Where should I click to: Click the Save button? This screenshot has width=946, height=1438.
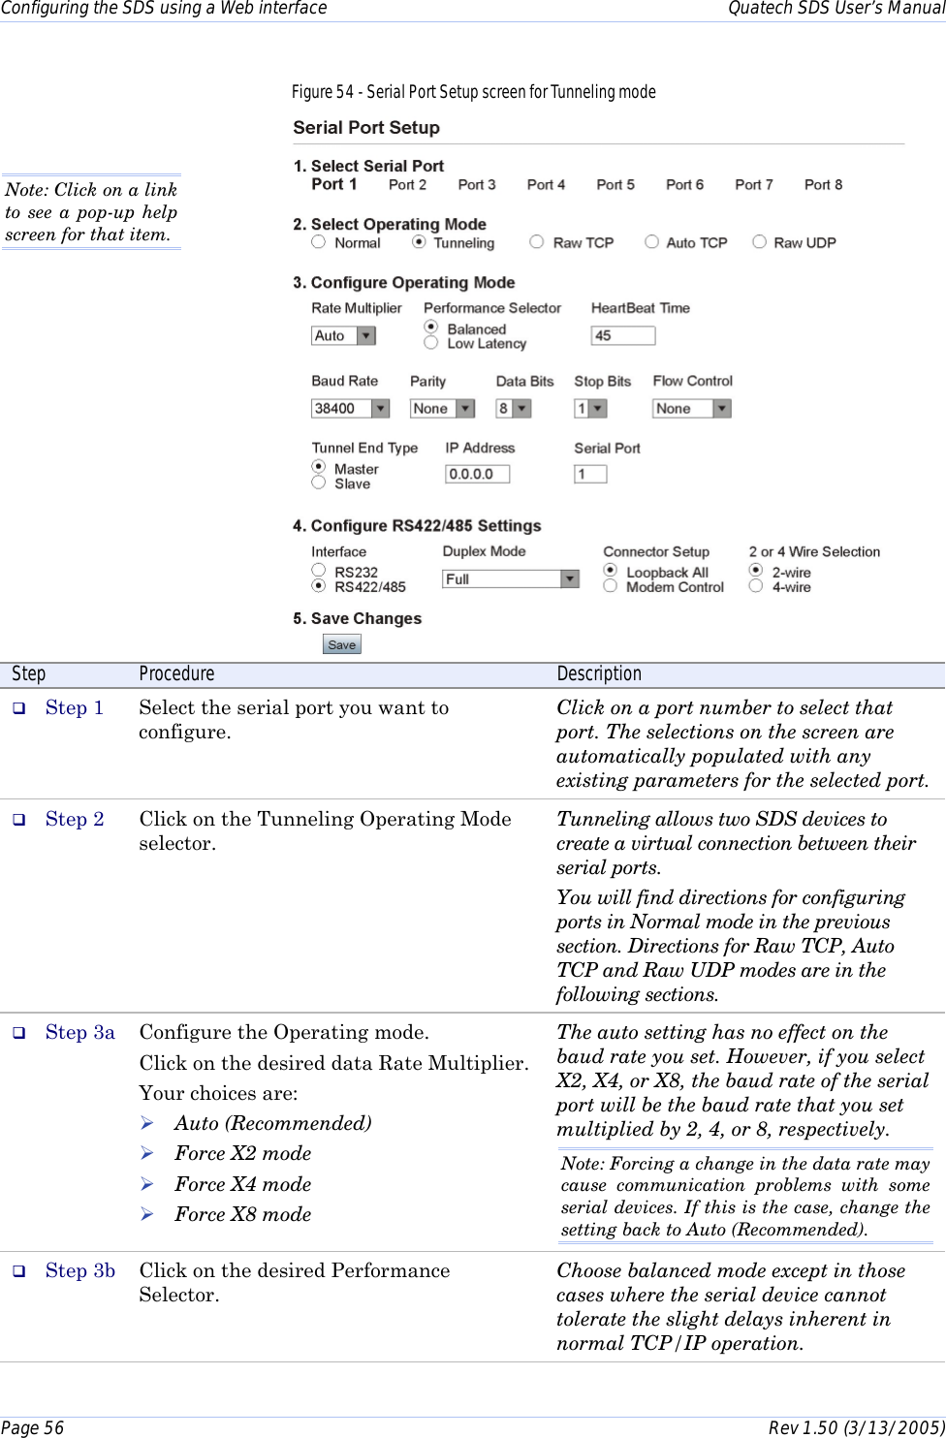coord(341,644)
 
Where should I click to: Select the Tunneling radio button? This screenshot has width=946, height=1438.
coord(419,242)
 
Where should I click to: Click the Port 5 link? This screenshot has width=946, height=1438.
coord(615,184)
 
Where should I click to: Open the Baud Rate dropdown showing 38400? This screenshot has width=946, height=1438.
coord(350,409)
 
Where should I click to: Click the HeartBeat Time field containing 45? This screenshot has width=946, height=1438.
coord(622,335)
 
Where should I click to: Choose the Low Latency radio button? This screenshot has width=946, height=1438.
coord(431,342)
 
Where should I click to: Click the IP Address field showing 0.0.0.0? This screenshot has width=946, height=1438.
coord(477,474)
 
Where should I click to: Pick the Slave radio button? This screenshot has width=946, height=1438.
coord(318,483)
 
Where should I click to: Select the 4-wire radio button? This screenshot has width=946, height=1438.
coord(756,585)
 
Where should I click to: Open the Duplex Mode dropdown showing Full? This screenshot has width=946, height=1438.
coord(511,578)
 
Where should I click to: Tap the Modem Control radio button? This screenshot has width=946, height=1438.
coord(611,585)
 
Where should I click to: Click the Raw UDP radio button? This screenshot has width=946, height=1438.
coord(759,242)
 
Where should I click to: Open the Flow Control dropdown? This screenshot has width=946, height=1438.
coord(691,409)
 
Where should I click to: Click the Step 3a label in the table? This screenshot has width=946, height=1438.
coord(80,1032)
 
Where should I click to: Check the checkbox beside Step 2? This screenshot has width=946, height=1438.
coord(18,820)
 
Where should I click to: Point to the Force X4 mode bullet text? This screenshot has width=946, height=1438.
coord(242,1184)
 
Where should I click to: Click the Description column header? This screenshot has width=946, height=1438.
coord(599,673)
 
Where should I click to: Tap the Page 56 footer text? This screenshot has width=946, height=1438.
coord(33,1427)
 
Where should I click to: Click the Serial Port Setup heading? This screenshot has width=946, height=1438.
coord(366,128)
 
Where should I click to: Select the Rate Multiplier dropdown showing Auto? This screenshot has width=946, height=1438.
coord(343,335)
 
